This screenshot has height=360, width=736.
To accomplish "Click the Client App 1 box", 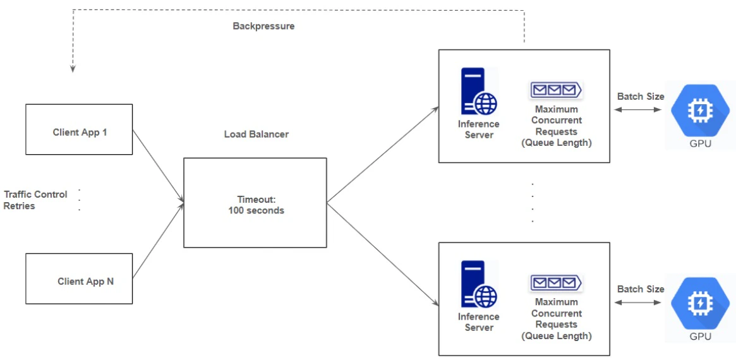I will point(79,129).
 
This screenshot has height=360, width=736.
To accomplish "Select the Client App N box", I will point(79,279).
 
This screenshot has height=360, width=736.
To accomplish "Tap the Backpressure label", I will point(263,27).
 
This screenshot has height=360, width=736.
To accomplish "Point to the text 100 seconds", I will point(256,210).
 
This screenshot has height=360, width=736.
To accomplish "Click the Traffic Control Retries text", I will point(35,200).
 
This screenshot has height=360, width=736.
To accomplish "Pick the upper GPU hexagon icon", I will point(700,111).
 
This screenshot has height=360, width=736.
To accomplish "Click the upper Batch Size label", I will point(641,97).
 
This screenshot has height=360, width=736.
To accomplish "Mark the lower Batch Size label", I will point(641,289).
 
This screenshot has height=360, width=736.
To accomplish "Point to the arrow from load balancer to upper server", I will point(382,155).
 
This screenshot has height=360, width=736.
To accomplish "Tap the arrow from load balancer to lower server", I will point(382,253).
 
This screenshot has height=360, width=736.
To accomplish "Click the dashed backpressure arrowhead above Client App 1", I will point(73,68).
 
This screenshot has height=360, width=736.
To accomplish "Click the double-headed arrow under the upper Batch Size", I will point(638,110).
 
